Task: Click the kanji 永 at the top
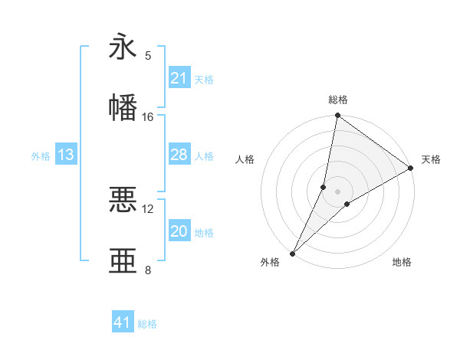[123, 47]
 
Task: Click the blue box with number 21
[179, 78]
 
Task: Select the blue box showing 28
[179, 155]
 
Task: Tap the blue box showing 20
[179, 231]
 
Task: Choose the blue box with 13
[66, 155]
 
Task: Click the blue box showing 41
[123, 322]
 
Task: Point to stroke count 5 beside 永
[148, 55]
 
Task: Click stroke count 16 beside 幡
[148, 116]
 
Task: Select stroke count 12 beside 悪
[148, 208]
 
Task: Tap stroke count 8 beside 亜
[148, 270]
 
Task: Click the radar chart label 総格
[337, 100]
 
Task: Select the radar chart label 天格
[431, 159]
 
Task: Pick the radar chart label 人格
[245, 159]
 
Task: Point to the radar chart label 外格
[270, 262]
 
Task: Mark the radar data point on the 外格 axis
[292, 254]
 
